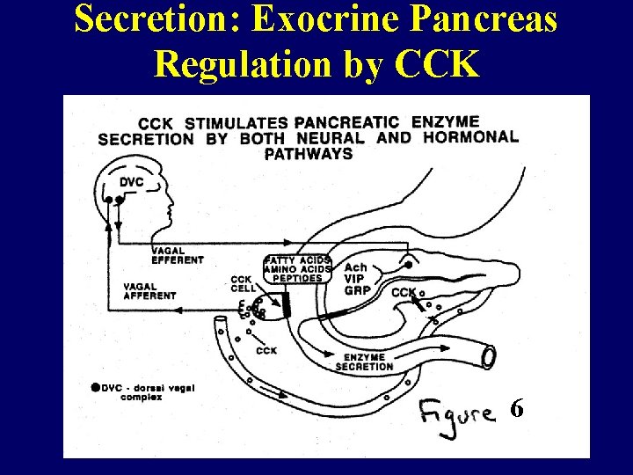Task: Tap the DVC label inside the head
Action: pyautogui.click(x=131, y=181)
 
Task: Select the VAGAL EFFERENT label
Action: pyautogui.click(x=177, y=255)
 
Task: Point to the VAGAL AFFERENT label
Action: pyautogui.click(x=149, y=291)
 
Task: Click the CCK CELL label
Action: pyautogui.click(x=243, y=284)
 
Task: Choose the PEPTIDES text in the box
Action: pyautogui.click(x=297, y=278)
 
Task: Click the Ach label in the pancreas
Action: pyautogui.click(x=356, y=267)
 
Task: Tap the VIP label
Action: pyautogui.click(x=354, y=278)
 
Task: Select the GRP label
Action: pyautogui.click(x=355, y=289)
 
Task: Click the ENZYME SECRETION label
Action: pyautogui.click(x=364, y=361)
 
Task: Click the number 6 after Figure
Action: pyautogui.click(x=518, y=408)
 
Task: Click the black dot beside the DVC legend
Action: pyautogui.click(x=95, y=387)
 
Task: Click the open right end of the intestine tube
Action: pyautogui.click(x=487, y=355)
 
